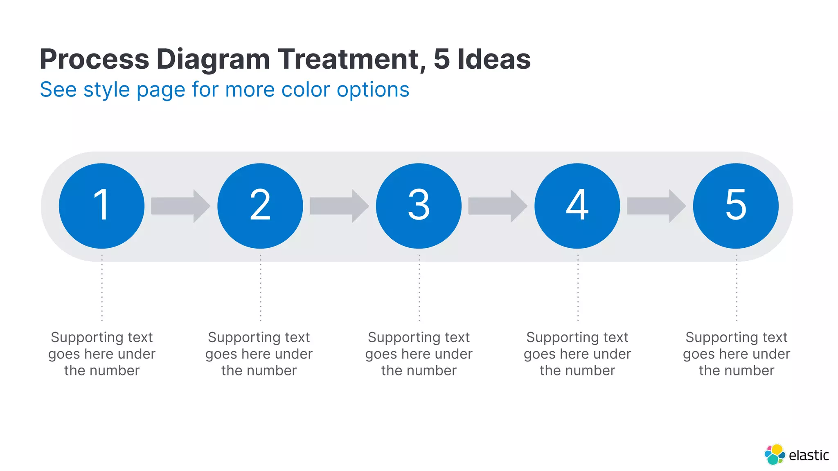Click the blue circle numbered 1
pos(101,206)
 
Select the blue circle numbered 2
pos(260,206)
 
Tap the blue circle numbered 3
pos(419,206)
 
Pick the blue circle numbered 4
pos(577,206)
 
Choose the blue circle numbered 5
pos(736,206)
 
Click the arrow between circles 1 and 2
pos(180,206)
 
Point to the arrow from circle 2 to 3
pos(339,206)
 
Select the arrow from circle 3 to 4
pos(497,206)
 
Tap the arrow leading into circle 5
pos(656,206)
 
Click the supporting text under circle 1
pos(102,354)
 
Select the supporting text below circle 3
pos(419,354)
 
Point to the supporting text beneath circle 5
pos(737,354)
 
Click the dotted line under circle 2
pos(261,288)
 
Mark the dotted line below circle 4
pos(578,288)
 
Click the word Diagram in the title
pos(213,60)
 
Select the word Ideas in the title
pos(494,60)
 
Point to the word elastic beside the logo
pos(809,455)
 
